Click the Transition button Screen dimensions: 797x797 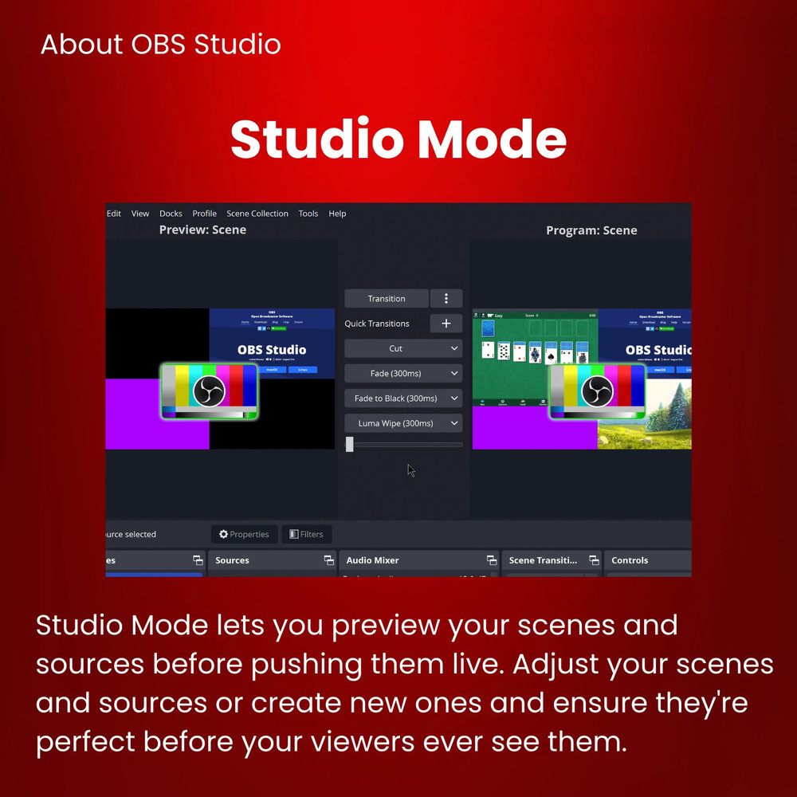click(387, 299)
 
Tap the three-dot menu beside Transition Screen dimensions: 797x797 click(446, 299)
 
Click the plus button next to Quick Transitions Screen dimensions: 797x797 click(446, 324)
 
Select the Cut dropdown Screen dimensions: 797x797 click(403, 348)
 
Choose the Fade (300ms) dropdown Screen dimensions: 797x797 click(403, 373)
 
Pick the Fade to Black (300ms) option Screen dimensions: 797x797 click(403, 398)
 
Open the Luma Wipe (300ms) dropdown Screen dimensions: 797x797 click(403, 423)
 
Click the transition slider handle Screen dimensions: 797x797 click(350, 445)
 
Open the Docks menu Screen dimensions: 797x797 click(171, 214)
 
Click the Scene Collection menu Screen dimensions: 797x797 click(257, 214)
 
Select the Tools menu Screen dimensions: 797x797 click(308, 214)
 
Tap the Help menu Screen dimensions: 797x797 click(337, 214)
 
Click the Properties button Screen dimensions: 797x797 click(245, 534)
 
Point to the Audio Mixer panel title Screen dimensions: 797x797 click(372, 560)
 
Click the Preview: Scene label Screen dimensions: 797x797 click(202, 230)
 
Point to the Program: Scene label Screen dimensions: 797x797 click(591, 230)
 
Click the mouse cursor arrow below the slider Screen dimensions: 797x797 click(410, 470)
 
